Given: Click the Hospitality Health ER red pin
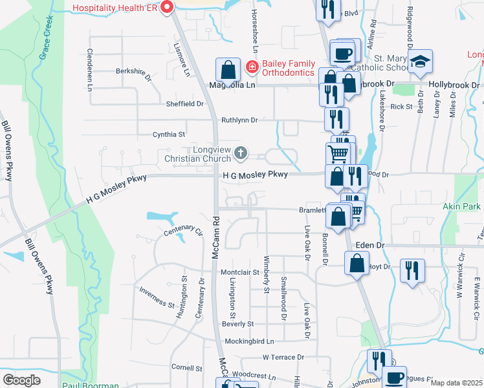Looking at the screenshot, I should point(167,8).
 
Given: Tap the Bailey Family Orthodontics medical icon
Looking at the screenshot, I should point(250,67).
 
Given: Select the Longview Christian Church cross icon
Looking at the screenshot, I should point(241,153).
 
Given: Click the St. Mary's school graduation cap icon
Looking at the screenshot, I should point(421,62).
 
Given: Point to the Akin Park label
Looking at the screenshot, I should point(462,207).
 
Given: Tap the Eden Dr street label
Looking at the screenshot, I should point(370,246).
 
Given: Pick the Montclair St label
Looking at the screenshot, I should point(239,273).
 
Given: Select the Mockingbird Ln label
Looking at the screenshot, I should point(249,341).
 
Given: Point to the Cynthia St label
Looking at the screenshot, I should point(169,135).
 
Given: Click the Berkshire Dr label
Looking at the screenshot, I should point(133,73).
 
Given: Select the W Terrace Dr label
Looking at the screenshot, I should point(283,357).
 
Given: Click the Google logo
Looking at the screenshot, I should point(21,380).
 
